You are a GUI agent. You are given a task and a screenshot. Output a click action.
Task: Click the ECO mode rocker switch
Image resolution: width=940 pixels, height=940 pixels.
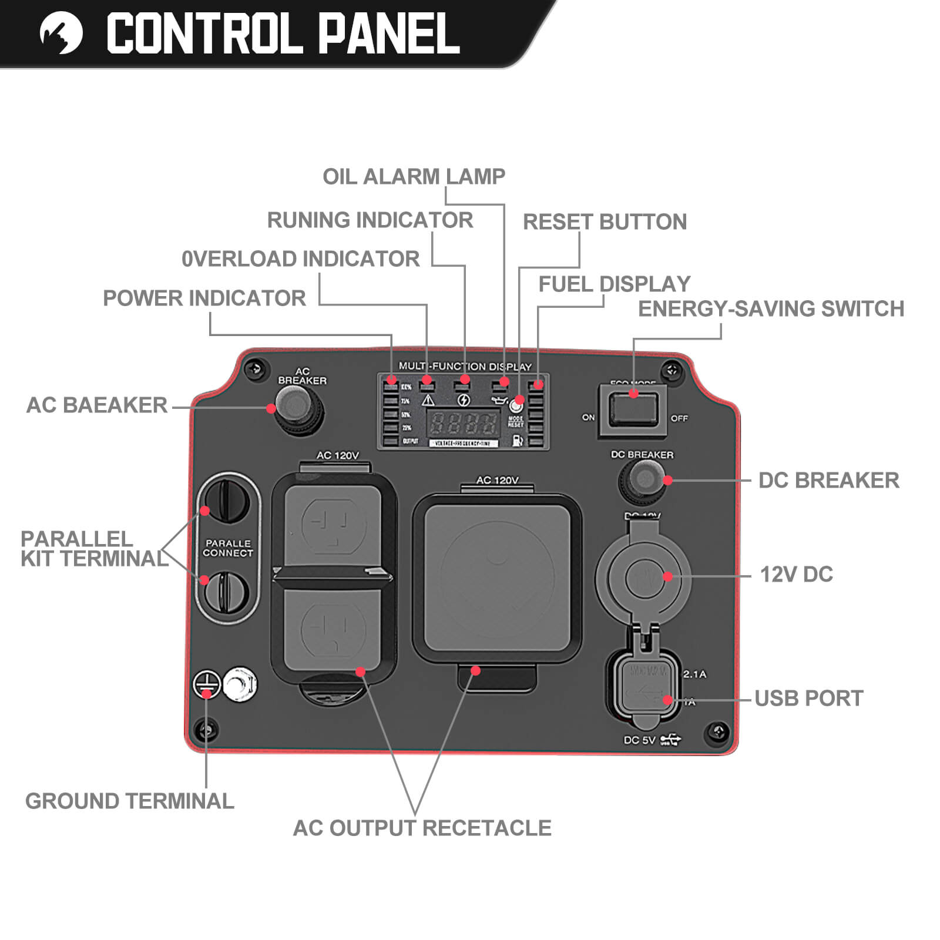tap(633, 409)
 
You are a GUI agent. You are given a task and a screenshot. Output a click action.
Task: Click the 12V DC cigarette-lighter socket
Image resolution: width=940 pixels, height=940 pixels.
tap(643, 577)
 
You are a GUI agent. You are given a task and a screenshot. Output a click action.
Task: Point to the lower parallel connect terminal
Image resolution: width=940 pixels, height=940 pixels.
tap(227, 592)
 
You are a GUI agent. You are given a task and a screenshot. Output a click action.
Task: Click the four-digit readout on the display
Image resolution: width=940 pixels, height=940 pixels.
tap(463, 422)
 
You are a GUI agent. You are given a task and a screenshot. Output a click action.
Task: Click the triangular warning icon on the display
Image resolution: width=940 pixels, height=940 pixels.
tap(428, 400)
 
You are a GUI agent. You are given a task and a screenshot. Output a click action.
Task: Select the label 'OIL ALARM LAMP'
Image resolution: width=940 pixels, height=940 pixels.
tap(414, 176)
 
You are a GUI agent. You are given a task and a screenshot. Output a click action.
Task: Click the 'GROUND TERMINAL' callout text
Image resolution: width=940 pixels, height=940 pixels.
tap(129, 801)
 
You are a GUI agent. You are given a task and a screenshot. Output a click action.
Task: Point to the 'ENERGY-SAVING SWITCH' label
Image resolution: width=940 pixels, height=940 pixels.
tap(771, 309)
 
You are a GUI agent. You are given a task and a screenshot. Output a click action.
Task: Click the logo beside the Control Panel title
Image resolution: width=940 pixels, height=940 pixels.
tap(61, 33)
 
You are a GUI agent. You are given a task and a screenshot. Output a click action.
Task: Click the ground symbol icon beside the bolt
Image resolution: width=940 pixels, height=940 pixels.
tap(207, 684)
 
